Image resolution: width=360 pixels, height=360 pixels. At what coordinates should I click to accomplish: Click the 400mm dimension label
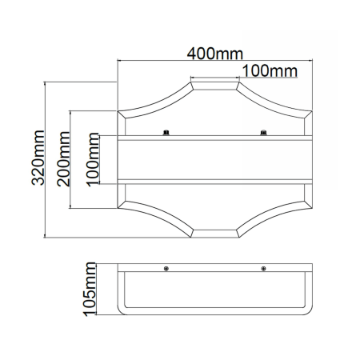tap(215, 54)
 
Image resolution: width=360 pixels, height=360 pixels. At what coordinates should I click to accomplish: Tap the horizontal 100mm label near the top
tap(270, 71)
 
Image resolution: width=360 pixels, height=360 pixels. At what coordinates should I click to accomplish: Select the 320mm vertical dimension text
tap(38, 158)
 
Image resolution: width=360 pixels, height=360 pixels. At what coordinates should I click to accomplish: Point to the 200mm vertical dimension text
tap(63, 158)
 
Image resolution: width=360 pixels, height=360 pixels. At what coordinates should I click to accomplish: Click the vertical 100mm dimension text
tap(93, 159)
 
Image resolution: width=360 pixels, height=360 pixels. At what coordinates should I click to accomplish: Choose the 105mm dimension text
tap(90, 289)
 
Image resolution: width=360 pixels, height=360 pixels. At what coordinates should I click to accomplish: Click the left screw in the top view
tap(166, 133)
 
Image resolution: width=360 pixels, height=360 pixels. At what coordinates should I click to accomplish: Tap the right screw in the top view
tap(263, 133)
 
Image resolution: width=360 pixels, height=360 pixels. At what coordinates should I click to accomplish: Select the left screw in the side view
tap(166, 268)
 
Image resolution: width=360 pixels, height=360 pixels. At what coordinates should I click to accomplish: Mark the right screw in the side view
tap(263, 268)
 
